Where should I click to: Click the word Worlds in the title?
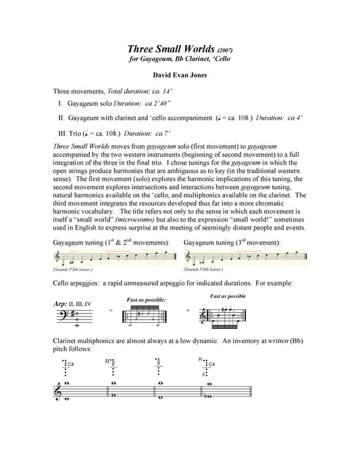(199, 49)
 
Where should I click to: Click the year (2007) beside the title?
(225, 50)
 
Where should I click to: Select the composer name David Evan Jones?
(180, 75)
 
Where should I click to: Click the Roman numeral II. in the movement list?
(61, 118)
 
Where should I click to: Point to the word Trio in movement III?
(75, 134)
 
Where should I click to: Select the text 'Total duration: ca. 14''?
(140, 91)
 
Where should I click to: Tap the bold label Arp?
(60, 304)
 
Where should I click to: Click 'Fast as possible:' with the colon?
(147, 300)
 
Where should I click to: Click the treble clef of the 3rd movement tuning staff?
(188, 257)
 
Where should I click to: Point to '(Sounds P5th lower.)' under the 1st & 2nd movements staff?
(72, 269)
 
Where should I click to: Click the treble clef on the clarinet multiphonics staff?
(57, 393)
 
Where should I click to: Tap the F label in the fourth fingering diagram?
(204, 374)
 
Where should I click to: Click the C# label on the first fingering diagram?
(71, 365)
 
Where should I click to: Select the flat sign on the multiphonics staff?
(205, 396)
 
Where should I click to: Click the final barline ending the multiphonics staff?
(251, 392)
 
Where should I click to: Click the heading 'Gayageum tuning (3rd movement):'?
(232, 242)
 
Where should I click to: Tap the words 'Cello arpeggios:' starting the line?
(76, 283)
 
